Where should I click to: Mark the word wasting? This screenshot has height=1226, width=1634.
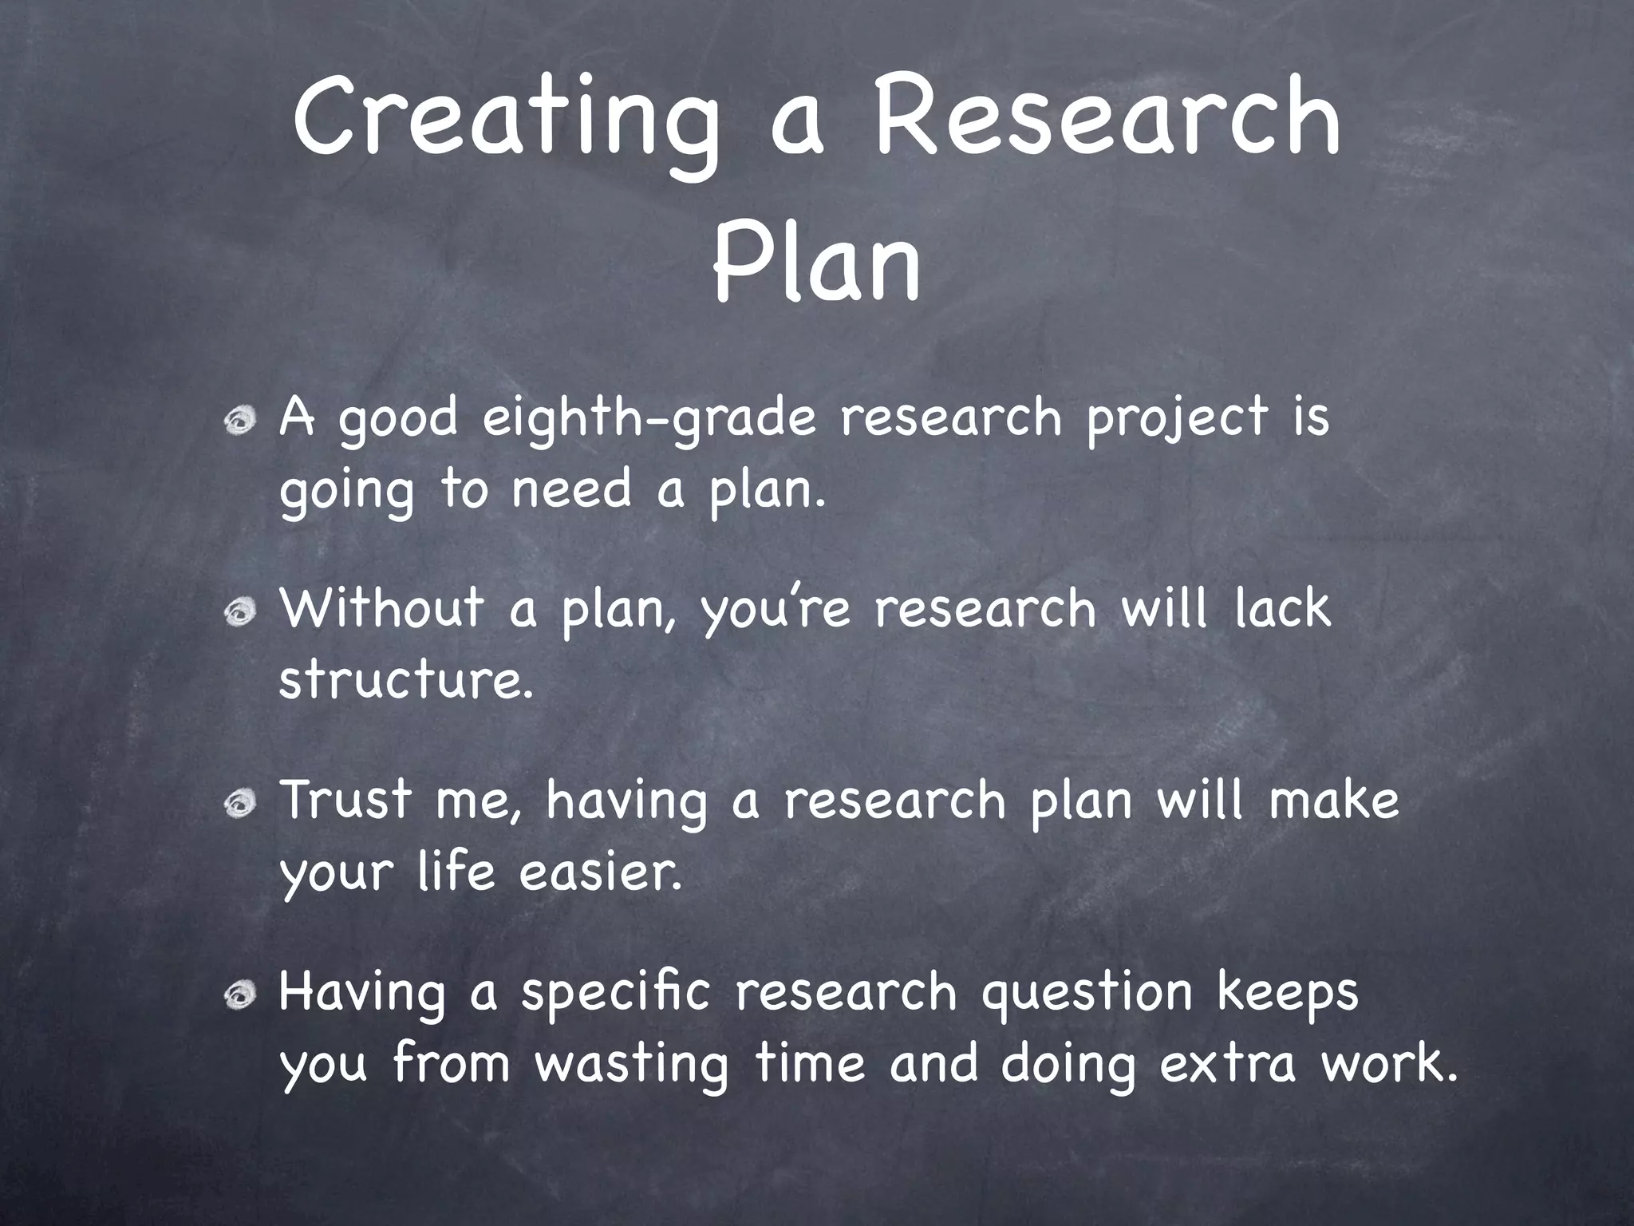[x=630, y=1065]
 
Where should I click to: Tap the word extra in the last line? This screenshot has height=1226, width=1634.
[x=1227, y=1065]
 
